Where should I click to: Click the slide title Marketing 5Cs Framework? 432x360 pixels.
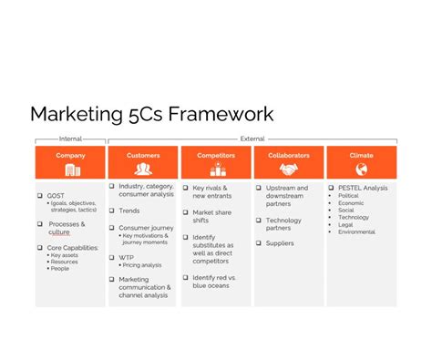pos(151,114)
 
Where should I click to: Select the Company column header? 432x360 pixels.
pos(70,156)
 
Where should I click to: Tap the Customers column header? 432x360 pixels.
pos(143,156)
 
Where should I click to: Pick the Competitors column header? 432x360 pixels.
pos(216,156)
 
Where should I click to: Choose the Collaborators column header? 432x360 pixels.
pos(289,156)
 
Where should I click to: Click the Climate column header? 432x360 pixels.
pos(362,156)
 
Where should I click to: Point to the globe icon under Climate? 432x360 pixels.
pos(362,170)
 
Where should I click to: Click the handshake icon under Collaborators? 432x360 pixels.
pos(289,170)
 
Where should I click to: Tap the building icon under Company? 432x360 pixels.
pos(70,170)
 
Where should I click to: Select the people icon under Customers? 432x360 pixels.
pos(143,170)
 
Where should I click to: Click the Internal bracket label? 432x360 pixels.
pos(70,139)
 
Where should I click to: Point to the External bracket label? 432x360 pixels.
pos(252,139)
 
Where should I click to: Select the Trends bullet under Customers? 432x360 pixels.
pos(129,211)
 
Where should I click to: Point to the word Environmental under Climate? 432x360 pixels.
pos(357,232)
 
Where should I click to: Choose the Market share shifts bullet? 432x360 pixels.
pos(211,215)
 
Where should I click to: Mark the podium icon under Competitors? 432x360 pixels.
pos(216,170)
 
